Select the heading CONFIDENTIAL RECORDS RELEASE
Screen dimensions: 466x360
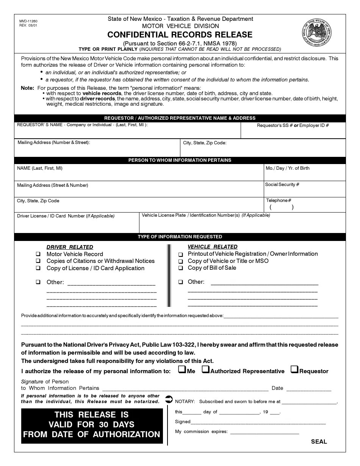tap(180, 35)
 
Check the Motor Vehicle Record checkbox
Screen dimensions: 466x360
tap(38, 254)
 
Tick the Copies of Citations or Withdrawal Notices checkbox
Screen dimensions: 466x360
tap(38, 261)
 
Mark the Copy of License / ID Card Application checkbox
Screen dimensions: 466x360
tap(38, 268)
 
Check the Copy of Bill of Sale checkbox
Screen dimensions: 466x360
tap(180, 268)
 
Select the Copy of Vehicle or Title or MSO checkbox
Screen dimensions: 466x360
tap(180, 261)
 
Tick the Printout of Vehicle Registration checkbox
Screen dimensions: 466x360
tap(180, 254)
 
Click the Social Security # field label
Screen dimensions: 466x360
tap(282, 185)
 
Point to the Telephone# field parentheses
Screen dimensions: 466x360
tap(282, 207)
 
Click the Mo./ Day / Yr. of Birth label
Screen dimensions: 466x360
tap(288, 168)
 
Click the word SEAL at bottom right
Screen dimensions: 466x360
tap(319, 441)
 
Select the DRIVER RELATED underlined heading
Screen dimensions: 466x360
tap(70, 247)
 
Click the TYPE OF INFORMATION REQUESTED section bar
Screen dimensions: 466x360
tap(180, 237)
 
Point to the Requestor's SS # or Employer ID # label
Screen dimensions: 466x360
tap(293, 125)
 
